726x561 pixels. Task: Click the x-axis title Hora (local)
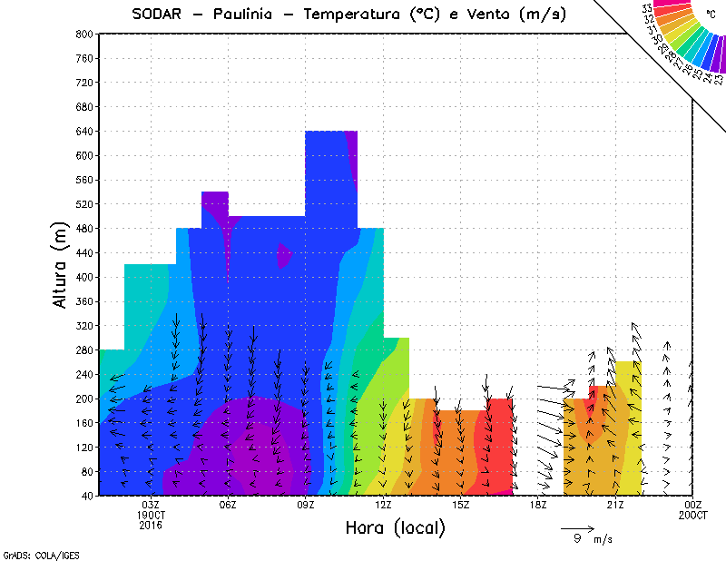coord(396,527)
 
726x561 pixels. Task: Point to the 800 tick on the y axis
coord(84,34)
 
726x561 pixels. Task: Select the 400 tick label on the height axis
coord(84,277)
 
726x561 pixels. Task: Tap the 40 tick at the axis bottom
coord(86,496)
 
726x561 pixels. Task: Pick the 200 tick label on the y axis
coord(84,399)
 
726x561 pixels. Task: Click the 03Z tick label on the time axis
coord(151,505)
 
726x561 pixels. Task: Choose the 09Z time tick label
coord(306,505)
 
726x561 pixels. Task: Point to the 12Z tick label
coord(383,505)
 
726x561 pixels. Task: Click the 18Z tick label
coord(538,505)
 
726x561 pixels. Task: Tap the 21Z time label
coord(615,505)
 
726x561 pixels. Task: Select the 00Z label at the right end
coord(693,505)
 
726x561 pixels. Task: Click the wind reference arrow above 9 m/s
coord(577,527)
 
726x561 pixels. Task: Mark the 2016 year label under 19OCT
coord(151,525)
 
